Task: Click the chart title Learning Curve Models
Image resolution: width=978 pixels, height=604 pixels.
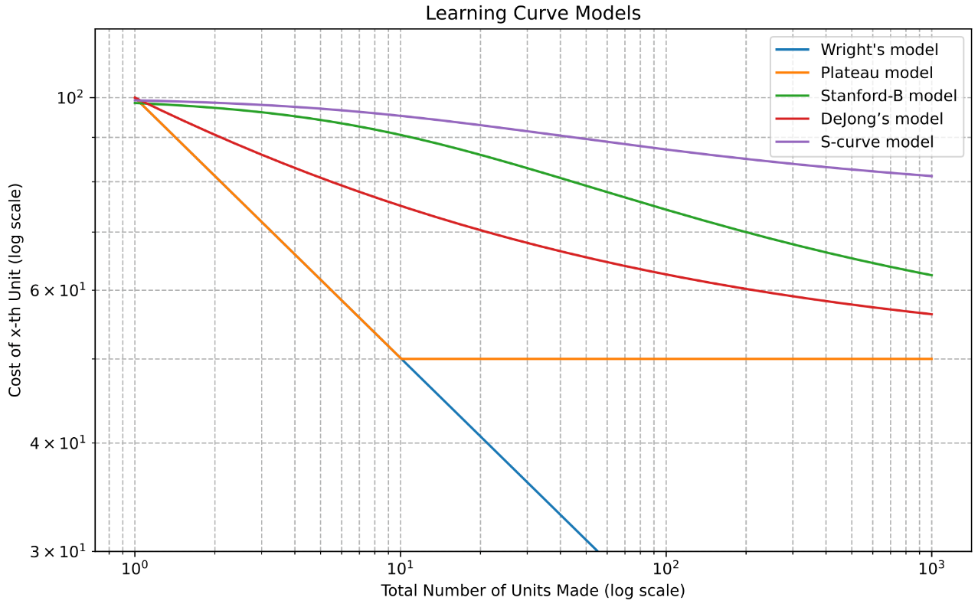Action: (533, 13)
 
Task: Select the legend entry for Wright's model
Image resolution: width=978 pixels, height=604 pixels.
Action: (879, 51)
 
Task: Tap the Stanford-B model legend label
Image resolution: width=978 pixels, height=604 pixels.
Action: (888, 96)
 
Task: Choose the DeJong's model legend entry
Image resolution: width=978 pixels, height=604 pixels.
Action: (882, 119)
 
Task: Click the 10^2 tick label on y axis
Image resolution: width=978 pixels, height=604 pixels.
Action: (72, 98)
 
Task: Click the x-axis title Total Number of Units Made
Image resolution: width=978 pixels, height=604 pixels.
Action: (533, 591)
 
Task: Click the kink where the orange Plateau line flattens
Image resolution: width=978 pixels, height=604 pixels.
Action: (401, 358)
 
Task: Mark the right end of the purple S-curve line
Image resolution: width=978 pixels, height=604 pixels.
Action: (931, 176)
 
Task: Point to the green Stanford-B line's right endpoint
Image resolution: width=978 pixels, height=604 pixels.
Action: (931, 275)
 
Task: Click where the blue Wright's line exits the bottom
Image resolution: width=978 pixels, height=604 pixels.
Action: (597, 550)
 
